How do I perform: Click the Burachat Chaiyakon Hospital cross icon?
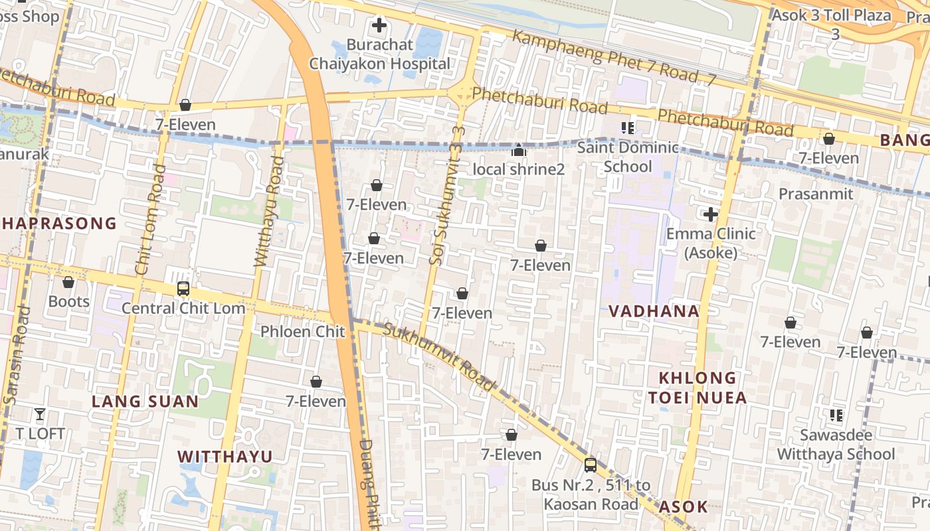pos(379,26)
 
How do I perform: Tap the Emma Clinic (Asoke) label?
pos(711,243)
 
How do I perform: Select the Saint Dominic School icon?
pos(628,127)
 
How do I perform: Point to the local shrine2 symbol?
pos(519,151)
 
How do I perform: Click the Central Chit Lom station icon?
pos(183,289)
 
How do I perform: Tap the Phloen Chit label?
pos(303,331)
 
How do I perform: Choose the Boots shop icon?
pos(68,283)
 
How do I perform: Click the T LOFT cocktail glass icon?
pos(40,415)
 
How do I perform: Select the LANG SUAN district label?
pos(145,402)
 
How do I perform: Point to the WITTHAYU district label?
pos(225,457)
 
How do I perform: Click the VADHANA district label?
pos(654,311)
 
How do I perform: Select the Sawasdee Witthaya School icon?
pos(836,416)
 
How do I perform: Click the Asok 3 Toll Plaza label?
pos(831,16)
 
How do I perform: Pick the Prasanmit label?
pos(816,194)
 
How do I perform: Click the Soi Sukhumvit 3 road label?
pos(446,195)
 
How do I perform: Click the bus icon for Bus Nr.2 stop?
pos(590,465)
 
